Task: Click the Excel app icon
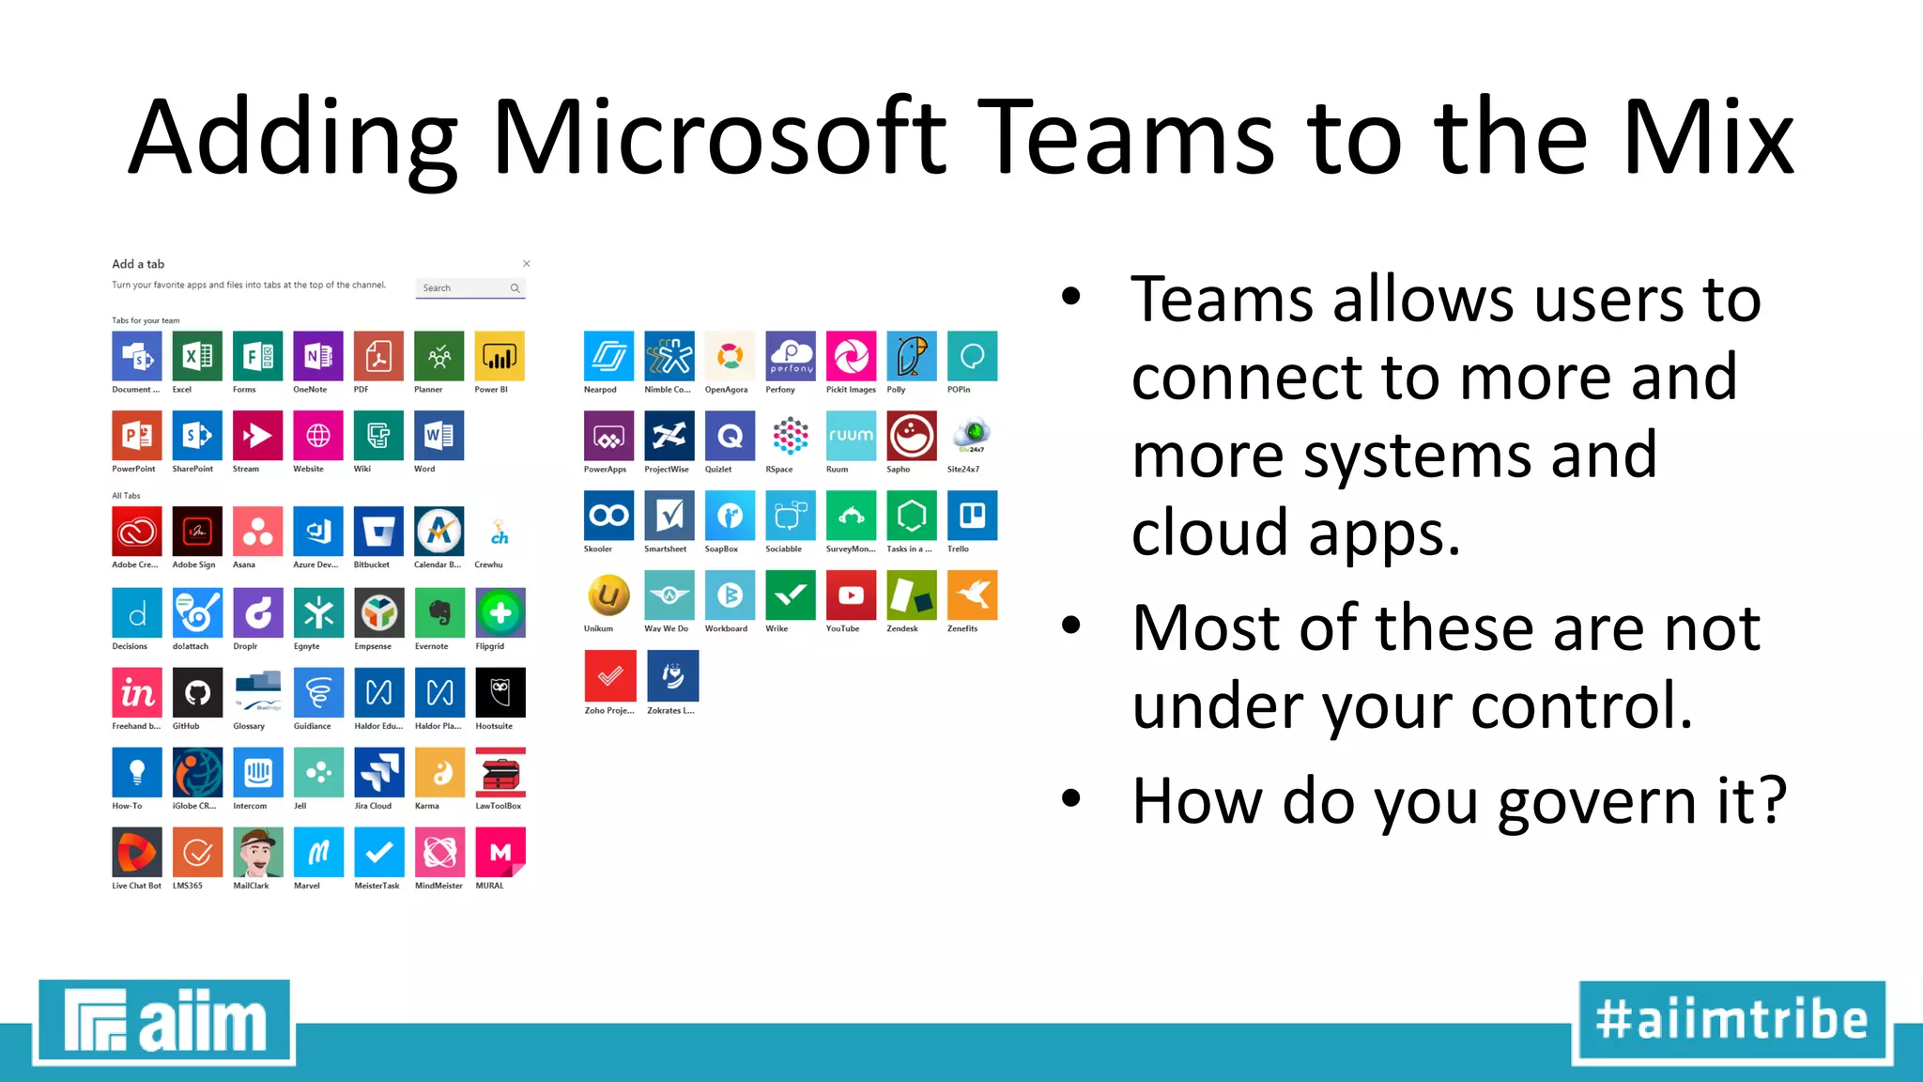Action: click(x=197, y=356)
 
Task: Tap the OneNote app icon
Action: click(x=317, y=356)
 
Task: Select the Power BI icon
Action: click(x=500, y=356)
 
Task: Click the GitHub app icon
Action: click(x=197, y=692)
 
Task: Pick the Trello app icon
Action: click(x=972, y=516)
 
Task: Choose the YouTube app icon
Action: click(x=851, y=595)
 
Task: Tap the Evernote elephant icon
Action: click(x=439, y=612)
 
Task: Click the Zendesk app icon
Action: click(x=911, y=595)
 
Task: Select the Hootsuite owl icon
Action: click(x=500, y=692)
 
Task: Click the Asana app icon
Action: click(x=257, y=532)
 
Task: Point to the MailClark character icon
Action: click(x=257, y=852)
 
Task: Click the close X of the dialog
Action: click(x=527, y=264)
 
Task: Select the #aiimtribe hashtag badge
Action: click(x=1731, y=1021)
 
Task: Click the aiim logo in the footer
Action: click(x=165, y=1021)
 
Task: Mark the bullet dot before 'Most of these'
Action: click(x=1071, y=626)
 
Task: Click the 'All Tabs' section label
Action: click(x=126, y=496)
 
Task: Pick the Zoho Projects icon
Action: click(x=609, y=676)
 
